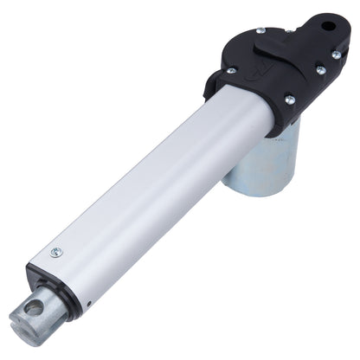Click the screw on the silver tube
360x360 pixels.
(x=56, y=252)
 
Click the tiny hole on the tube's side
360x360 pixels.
(x=88, y=304)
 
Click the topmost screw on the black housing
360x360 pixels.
(x=259, y=31)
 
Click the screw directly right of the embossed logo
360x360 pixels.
(x=320, y=69)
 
